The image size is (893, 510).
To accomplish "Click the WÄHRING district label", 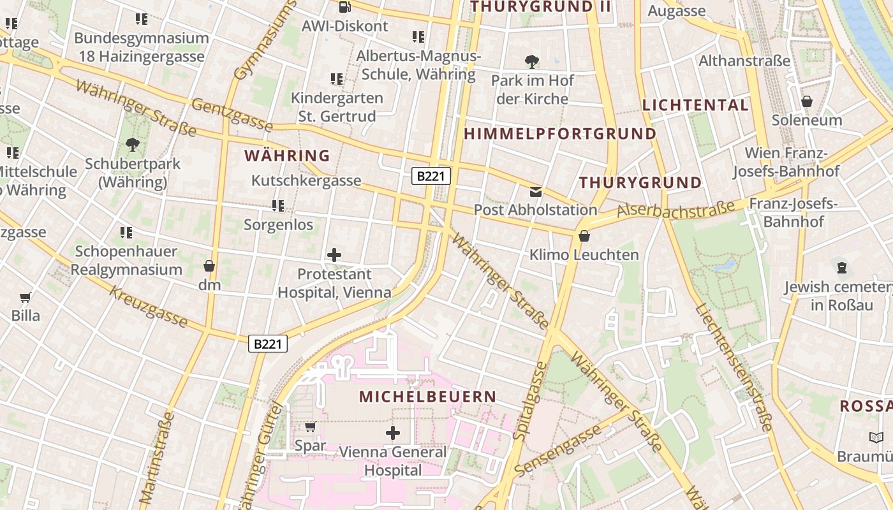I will (287, 156).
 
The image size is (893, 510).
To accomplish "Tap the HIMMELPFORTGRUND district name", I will (559, 134).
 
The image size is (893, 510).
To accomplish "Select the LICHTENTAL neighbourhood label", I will (695, 105).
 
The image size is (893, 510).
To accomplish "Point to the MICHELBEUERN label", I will (427, 397).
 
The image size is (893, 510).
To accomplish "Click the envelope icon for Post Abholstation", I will (535, 191).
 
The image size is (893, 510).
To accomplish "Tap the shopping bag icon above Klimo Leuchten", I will (584, 237).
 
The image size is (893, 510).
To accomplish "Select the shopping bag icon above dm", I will (209, 266).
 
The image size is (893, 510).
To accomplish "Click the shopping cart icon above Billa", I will (26, 297).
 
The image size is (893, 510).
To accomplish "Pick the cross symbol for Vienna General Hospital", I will (393, 433).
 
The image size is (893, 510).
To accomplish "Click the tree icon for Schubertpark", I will (133, 145).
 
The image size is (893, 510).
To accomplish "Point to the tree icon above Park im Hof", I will (532, 62).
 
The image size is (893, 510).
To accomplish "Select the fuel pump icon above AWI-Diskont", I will (344, 7).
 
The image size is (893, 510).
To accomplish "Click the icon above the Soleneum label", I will (806, 101).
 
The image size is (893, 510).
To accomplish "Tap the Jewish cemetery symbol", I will (841, 268).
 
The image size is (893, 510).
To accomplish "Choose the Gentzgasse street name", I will (232, 115).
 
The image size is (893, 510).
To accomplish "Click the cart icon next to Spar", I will (310, 426).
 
